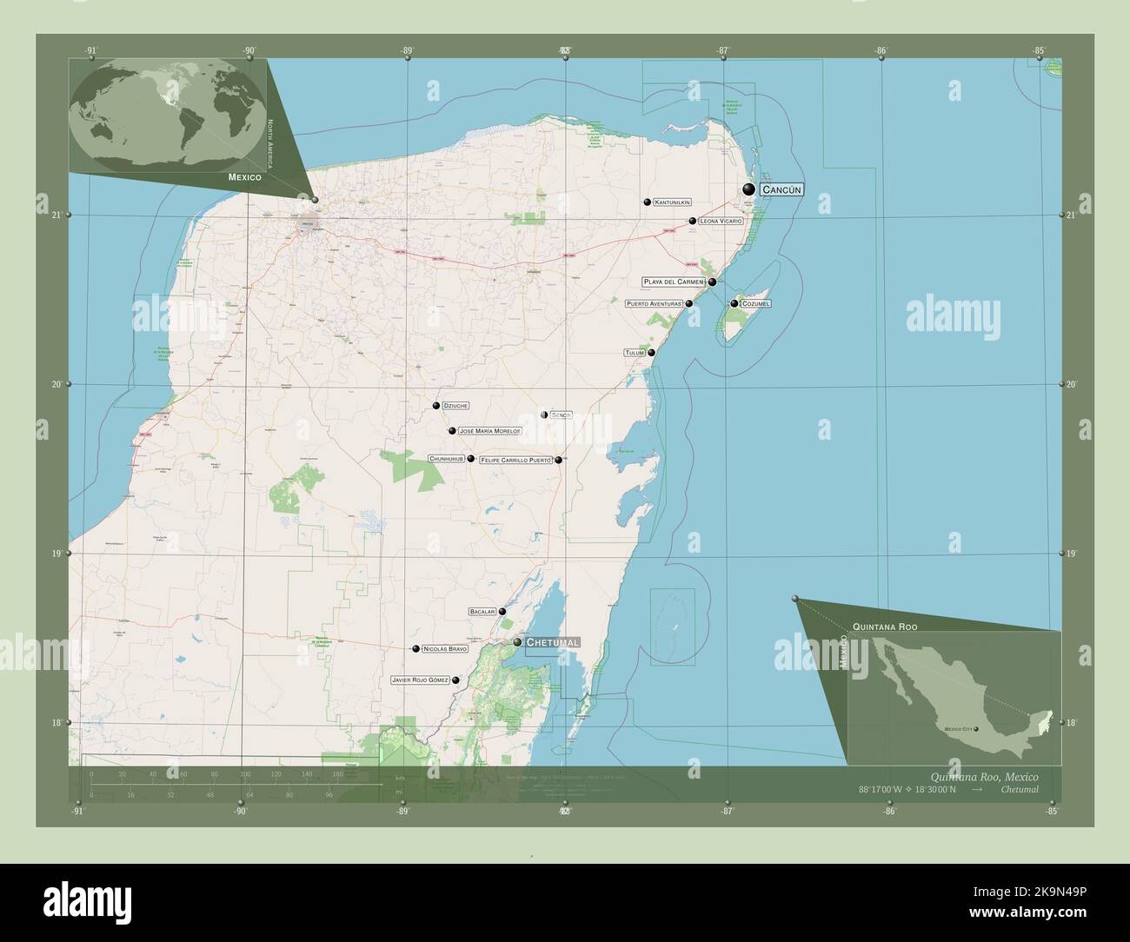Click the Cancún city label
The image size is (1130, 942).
click(x=781, y=189)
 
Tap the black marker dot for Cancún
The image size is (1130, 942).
click(x=748, y=189)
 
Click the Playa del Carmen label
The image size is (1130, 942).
click(x=673, y=282)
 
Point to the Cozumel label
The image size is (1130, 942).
click(x=755, y=303)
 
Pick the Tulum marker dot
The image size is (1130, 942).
click(x=651, y=353)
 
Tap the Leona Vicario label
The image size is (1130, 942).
click(x=721, y=222)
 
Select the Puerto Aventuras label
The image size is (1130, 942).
click(x=655, y=304)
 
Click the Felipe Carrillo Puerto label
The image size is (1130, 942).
click(x=515, y=460)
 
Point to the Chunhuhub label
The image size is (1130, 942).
click(x=447, y=458)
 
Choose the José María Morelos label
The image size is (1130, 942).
click(x=489, y=431)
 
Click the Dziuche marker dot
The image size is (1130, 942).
click(x=436, y=406)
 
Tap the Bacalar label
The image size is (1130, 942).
click(x=482, y=612)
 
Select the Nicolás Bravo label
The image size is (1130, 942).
click(x=446, y=649)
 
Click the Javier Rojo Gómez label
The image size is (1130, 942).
click(x=421, y=680)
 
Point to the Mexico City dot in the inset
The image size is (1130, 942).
click(x=976, y=729)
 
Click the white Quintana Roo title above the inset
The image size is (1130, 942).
click(x=885, y=627)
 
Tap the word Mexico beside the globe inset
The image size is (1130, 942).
click(x=245, y=177)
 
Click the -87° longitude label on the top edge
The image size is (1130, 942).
click(x=723, y=50)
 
